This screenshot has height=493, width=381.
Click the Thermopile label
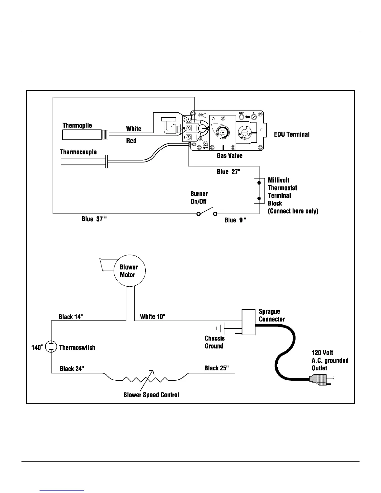77,125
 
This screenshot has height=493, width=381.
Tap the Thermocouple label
78,152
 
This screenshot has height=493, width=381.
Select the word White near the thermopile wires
134,129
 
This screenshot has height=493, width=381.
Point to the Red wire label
131,141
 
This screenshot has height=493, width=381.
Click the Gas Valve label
229,156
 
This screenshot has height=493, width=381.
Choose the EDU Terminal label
292,134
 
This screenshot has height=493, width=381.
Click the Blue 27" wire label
228,172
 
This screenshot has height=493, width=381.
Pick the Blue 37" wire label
94,219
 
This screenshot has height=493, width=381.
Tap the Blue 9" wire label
235,220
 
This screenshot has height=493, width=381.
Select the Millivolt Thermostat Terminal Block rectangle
259,190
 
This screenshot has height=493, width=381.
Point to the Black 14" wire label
71,317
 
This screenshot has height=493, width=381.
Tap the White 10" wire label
153,317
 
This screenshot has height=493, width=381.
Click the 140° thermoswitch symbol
51,347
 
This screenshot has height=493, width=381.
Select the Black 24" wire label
72,369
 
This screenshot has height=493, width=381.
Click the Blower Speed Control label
151,395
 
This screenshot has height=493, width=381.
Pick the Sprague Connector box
248,322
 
